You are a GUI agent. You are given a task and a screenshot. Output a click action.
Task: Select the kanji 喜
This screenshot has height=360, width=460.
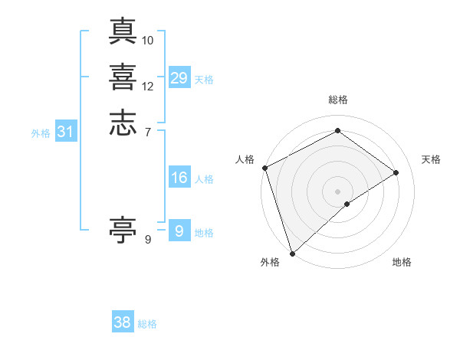123,77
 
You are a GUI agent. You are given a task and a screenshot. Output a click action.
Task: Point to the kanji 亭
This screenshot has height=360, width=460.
123,229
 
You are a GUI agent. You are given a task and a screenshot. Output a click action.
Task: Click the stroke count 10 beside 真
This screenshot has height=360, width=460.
148,39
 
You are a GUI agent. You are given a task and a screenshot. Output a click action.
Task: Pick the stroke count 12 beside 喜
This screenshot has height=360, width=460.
148,86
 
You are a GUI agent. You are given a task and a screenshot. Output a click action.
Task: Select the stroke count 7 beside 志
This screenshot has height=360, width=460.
148,132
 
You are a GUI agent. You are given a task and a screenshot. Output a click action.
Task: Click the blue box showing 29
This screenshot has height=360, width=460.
179,77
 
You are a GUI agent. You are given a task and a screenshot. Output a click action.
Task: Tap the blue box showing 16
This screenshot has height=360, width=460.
179,178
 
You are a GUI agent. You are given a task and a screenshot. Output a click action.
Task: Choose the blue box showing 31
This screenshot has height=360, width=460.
66,133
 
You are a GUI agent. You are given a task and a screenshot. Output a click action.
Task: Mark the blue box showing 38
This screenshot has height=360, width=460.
123,322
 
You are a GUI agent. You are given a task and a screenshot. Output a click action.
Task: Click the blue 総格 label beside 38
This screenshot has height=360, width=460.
147,324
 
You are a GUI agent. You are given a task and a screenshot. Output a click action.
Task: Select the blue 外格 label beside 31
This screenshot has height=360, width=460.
41,133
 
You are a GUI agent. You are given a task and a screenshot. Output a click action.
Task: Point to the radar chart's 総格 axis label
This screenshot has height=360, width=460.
337,100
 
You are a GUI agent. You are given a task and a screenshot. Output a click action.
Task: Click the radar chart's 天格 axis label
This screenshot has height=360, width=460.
431,159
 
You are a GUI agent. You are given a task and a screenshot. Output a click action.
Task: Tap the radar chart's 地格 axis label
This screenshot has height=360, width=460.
402,263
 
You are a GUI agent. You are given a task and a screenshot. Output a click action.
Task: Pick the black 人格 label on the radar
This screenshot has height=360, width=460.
245,159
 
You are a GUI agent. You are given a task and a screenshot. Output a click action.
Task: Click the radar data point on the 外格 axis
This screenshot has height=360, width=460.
292,253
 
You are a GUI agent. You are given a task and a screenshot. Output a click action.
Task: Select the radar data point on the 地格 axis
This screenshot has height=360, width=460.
347,204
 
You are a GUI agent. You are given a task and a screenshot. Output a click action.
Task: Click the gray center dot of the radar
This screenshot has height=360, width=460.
337,190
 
